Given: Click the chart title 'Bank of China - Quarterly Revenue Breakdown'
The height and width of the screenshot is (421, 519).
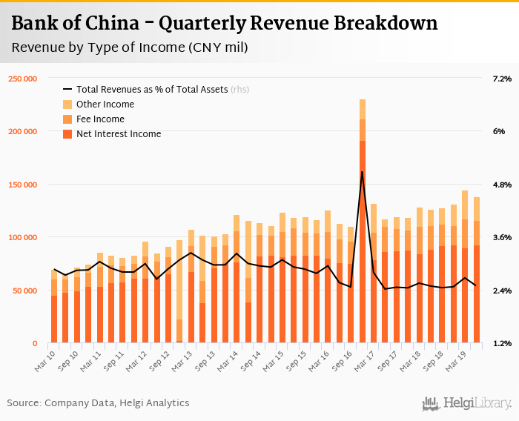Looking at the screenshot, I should click(224, 24).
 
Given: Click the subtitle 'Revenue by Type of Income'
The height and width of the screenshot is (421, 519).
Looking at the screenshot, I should click(130, 48).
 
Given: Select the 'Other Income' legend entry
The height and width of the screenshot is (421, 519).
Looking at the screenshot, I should click(105, 105).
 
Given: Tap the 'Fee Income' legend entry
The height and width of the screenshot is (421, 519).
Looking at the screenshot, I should click(100, 119).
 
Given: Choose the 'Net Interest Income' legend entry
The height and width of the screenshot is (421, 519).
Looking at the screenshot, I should click(119, 134).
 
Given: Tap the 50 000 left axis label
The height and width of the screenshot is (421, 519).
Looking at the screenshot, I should click(25, 291).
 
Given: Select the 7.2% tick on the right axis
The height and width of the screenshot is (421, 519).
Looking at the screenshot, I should click(502, 79).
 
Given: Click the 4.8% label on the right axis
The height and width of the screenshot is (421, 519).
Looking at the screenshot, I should click(502, 185).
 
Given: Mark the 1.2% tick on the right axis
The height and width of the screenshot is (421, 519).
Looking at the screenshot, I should click(502, 344).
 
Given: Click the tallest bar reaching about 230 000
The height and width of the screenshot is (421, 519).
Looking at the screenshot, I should click(363, 222).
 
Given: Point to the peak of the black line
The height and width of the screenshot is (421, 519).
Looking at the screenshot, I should click(363, 172).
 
